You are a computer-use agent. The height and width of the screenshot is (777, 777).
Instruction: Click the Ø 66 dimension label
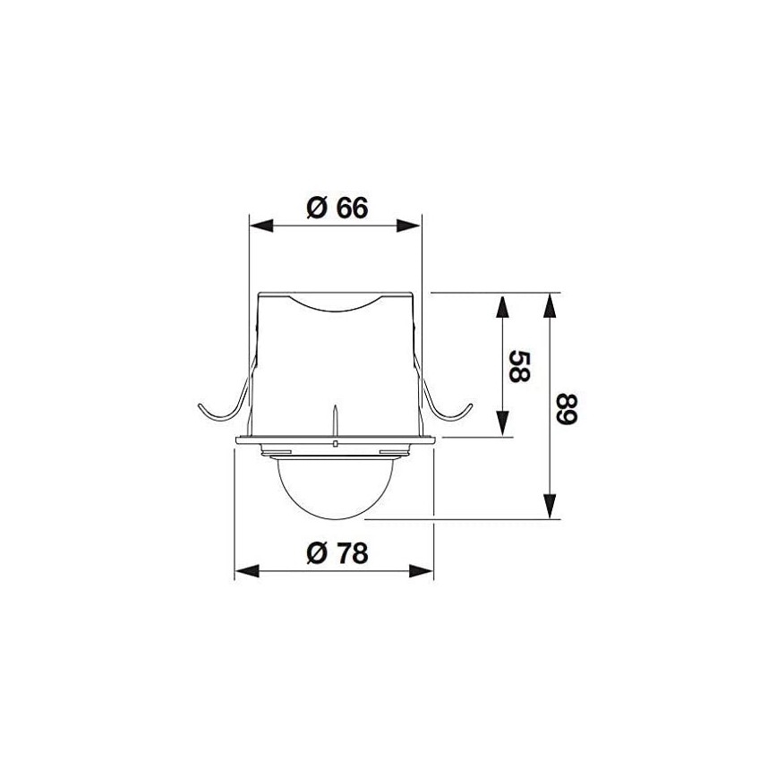coord(336,208)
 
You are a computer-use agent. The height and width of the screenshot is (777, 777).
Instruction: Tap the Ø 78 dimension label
coord(336,554)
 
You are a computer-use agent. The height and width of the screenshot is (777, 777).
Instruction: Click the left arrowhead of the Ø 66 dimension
coord(260,226)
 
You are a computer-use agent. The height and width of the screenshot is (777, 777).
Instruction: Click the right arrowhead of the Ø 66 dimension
coord(409,226)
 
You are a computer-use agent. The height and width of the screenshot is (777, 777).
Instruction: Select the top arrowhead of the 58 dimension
coord(503,305)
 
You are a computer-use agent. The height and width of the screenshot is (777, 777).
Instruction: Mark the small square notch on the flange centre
coord(334,442)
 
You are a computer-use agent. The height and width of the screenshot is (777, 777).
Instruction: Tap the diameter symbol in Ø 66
coord(315,208)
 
